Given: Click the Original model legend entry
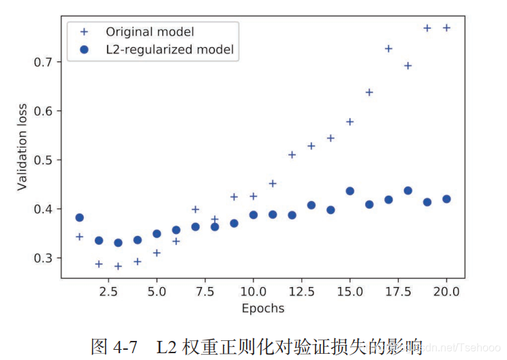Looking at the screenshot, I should [x=149, y=32].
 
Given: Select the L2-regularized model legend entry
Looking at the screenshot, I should [x=170, y=49].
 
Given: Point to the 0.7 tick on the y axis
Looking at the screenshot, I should [x=45, y=62].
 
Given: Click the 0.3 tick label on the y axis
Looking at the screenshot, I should [x=45, y=258].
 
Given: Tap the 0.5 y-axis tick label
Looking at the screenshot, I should [x=45, y=160].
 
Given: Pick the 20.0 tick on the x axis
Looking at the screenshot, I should [x=446, y=291].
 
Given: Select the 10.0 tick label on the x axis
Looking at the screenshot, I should [x=253, y=291].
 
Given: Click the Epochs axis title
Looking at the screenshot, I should [x=262, y=308].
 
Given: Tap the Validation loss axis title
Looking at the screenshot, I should [x=22, y=147].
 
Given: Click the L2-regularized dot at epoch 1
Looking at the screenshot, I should [x=79, y=217].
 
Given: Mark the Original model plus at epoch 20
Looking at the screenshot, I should [x=446, y=28].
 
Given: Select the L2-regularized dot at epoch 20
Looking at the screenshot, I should [x=446, y=199].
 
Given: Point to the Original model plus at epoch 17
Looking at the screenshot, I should [x=388, y=49].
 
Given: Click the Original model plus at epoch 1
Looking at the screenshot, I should [x=79, y=237].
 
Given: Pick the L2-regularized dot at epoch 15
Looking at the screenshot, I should [x=350, y=191].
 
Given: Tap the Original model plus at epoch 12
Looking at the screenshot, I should [x=292, y=155].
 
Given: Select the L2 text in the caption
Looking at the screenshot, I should [x=167, y=346].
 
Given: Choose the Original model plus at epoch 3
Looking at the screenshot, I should [x=118, y=266].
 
